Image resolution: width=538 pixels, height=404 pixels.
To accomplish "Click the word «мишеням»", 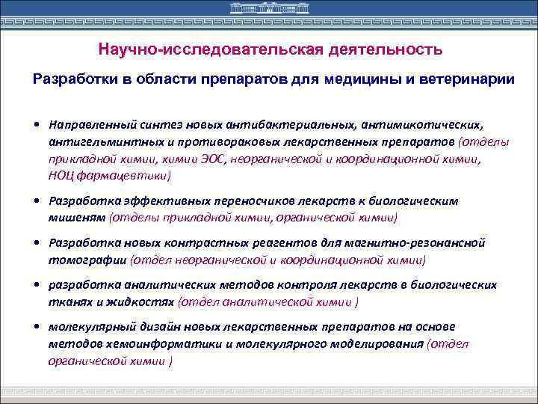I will tap(76, 218).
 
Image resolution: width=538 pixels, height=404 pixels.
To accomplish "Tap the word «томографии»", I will tap(87, 260).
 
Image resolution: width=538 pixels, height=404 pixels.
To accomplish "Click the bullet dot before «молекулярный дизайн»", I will tap(37, 327).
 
